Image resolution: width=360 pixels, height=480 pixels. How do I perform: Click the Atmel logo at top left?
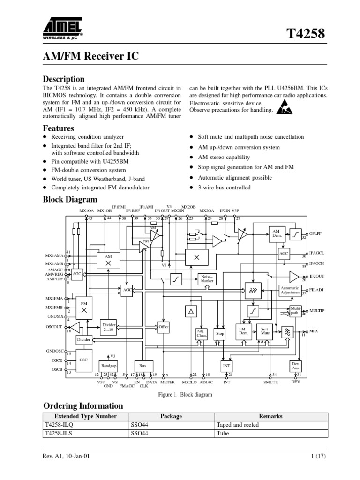(62, 27)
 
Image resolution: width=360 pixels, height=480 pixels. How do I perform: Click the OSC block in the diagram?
(83, 360)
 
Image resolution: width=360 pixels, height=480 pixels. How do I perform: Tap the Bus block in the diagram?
(142, 365)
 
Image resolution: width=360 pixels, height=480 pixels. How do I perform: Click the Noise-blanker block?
(207, 278)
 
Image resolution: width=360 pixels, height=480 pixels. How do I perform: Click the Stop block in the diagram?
(220, 334)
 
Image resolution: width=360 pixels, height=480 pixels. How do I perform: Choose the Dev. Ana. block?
(295, 366)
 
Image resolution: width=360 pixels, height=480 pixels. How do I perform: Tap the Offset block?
(164, 326)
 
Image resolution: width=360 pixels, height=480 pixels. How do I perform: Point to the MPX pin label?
(314, 331)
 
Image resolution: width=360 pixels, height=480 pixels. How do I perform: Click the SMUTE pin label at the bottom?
(270, 382)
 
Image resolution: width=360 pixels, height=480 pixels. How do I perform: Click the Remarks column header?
(270, 416)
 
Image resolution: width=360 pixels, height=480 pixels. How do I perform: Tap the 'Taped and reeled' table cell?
(237, 425)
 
